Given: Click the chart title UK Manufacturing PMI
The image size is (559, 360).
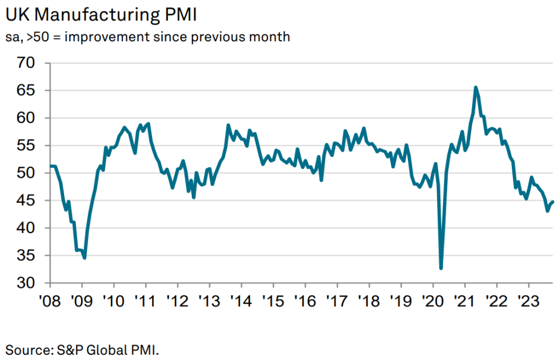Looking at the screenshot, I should [x=100, y=13].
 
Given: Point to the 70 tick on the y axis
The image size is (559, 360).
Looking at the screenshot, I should [x=27, y=63].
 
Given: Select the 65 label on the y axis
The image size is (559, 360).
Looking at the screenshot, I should [x=27, y=90].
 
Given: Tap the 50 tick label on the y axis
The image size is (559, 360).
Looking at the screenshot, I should [x=27, y=173].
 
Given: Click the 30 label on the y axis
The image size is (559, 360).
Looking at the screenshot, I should [x=27, y=283].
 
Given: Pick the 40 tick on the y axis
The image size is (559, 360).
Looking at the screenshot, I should [x=27, y=228].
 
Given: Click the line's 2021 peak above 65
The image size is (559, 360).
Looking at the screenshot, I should [x=476, y=87].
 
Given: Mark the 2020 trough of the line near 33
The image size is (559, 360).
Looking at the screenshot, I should [x=441, y=268].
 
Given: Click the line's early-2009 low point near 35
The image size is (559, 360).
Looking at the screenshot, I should [x=85, y=257].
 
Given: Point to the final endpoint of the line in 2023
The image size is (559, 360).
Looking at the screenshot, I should [x=553, y=202].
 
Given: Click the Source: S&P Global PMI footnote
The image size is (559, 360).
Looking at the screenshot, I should [x=82, y=350].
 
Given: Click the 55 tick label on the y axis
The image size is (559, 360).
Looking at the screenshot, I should [x=27, y=146].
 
